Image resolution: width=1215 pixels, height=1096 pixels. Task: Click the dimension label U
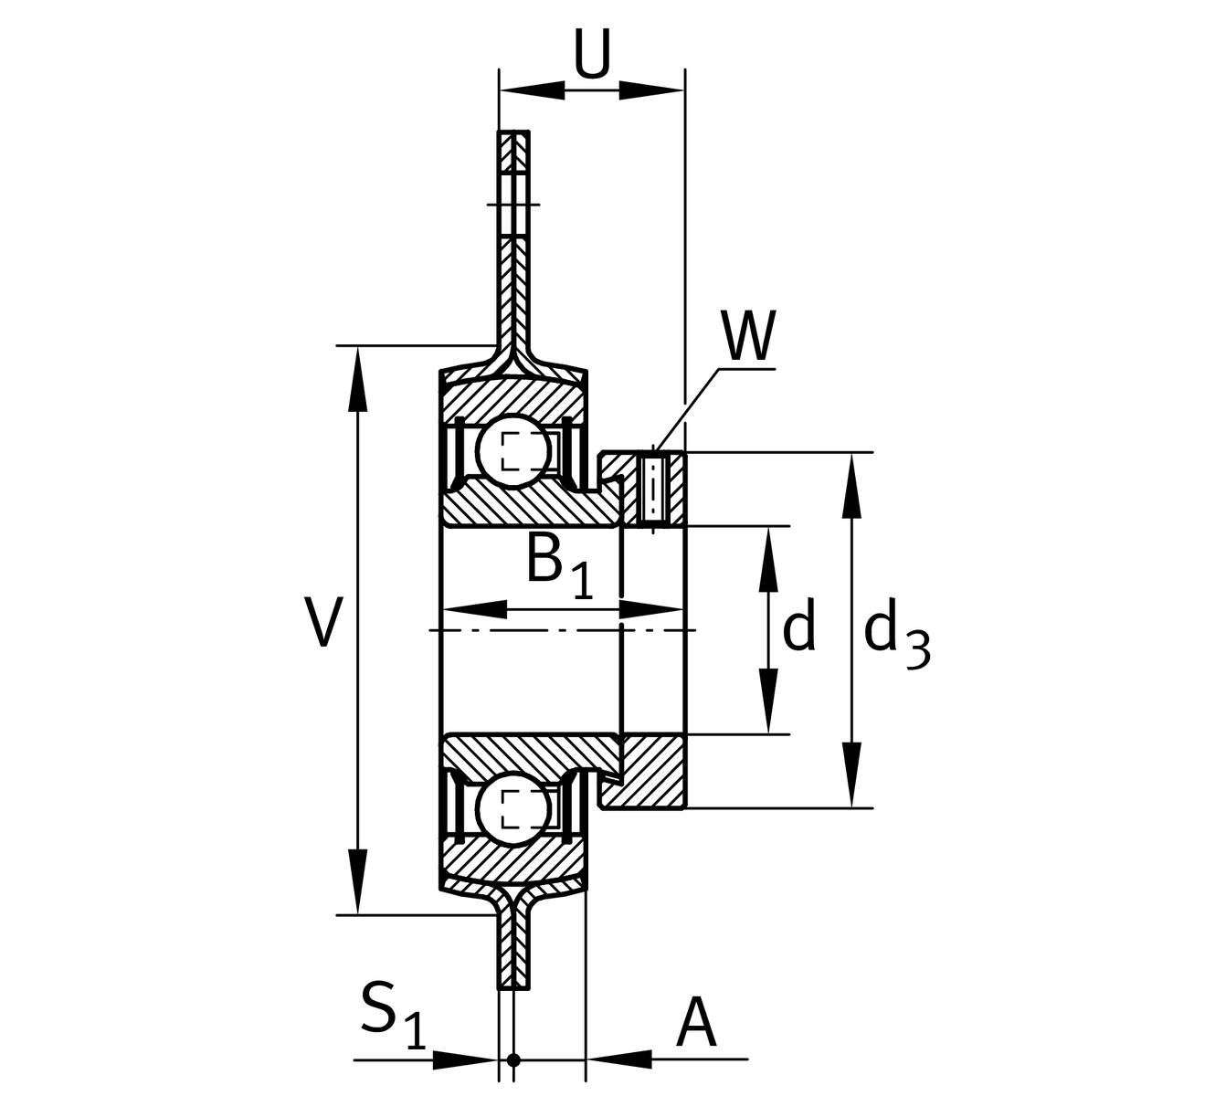coord(591,54)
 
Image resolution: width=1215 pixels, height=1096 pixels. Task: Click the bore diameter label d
coord(799,625)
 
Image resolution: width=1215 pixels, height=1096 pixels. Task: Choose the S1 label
coord(394,1016)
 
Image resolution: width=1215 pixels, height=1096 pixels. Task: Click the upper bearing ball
coord(513,451)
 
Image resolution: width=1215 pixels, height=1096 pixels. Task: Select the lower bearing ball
coord(513,810)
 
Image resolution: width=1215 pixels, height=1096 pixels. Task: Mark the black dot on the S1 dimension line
coord(513,1059)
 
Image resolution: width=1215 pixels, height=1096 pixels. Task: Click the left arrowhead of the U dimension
coord(531,90)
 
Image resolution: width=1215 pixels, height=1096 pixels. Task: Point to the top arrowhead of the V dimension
coord(359,379)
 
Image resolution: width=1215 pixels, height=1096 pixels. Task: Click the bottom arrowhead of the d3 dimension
coord(851,775)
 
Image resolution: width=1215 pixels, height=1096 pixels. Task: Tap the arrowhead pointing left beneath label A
coord(619,1059)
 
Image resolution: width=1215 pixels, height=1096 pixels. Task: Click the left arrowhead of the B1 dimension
coord(475,610)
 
